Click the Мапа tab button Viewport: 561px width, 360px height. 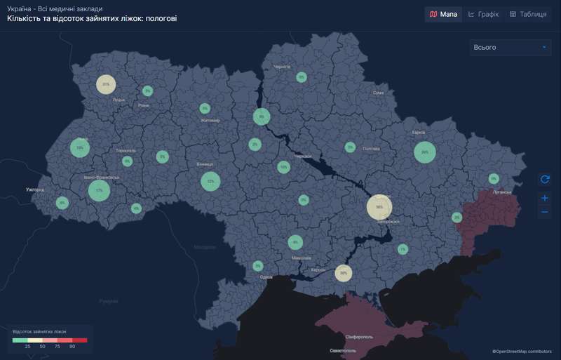point(443,14)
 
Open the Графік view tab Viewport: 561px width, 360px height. point(483,14)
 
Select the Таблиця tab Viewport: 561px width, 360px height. point(529,14)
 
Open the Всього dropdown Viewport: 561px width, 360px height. point(510,47)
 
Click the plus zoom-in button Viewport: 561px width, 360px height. point(545,198)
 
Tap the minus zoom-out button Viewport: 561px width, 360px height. point(545,212)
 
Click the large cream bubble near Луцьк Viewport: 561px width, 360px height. point(106,84)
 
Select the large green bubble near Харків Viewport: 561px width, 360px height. point(425,152)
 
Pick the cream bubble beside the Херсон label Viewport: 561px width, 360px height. point(343,272)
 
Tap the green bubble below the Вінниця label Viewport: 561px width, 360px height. point(210,182)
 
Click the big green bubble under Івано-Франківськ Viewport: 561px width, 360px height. point(99,190)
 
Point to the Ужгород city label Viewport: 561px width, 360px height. point(34,189)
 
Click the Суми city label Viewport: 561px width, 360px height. point(379,93)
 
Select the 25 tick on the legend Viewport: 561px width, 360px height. point(27,347)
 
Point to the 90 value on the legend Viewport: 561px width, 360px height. point(72,347)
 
